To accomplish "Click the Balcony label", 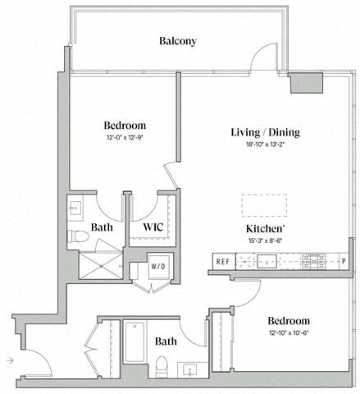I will pos(178,41).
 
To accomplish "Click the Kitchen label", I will pos(267,229).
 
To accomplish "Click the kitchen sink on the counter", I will pos(267,262).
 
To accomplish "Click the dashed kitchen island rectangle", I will pos(264,204).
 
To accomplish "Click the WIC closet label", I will pos(154,226).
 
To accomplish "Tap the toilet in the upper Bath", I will pos(80,237).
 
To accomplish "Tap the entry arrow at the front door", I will pos(8,360).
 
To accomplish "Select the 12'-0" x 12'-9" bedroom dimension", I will pos(125,138).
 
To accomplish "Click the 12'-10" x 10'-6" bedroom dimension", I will pos(287,333).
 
